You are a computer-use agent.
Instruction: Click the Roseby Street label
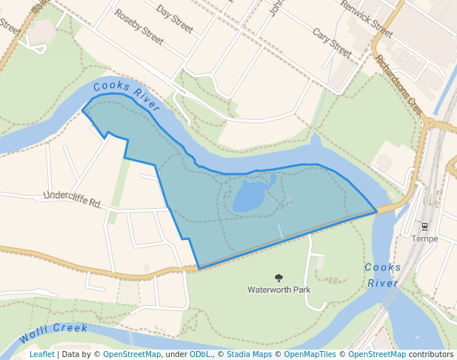[x=139, y=25]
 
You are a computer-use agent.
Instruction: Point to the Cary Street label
[x=331, y=43]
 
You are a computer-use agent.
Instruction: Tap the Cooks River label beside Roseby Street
[x=127, y=96]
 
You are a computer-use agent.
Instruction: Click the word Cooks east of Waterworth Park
[x=382, y=267]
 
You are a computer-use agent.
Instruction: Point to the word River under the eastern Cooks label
[x=382, y=283]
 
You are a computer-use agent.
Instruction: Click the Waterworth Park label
[x=278, y=290]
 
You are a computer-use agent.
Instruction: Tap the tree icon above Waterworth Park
[x=278, y=278]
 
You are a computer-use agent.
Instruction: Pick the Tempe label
[x=425, y=239]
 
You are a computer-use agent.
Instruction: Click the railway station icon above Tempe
[x=425, y=226]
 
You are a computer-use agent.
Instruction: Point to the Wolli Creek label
[x=53, y=333]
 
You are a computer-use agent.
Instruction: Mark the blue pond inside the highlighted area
[x=250, y=197]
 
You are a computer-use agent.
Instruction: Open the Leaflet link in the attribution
[x=41, y=354]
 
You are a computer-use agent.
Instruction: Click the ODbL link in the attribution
[x=199, y=354]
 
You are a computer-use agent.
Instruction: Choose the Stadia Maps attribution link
[x=249, y=354]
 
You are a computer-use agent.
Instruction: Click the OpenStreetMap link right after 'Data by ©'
[x=132, y=354]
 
